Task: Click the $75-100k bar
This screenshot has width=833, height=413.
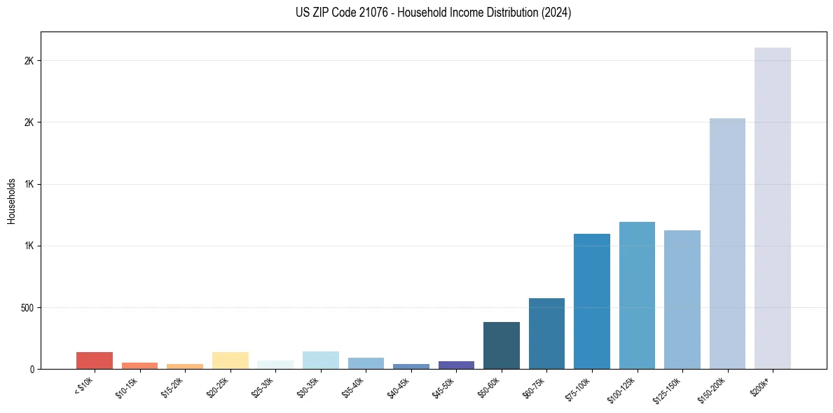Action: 591,301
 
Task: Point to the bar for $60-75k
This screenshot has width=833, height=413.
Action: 546,333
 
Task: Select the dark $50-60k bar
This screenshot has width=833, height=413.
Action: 501,345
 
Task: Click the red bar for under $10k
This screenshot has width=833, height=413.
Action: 95,360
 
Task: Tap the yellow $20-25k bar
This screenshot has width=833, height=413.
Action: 230,360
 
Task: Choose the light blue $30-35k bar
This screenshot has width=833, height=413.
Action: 320,360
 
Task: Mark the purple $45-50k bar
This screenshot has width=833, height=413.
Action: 456,365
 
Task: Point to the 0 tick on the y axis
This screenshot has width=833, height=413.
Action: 32,369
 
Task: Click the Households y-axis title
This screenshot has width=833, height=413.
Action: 11,200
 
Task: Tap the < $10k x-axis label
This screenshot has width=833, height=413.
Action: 85,384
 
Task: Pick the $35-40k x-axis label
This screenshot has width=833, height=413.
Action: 355,386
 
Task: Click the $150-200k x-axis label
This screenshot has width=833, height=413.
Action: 715,387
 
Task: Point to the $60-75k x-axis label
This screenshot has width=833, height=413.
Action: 536,386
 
